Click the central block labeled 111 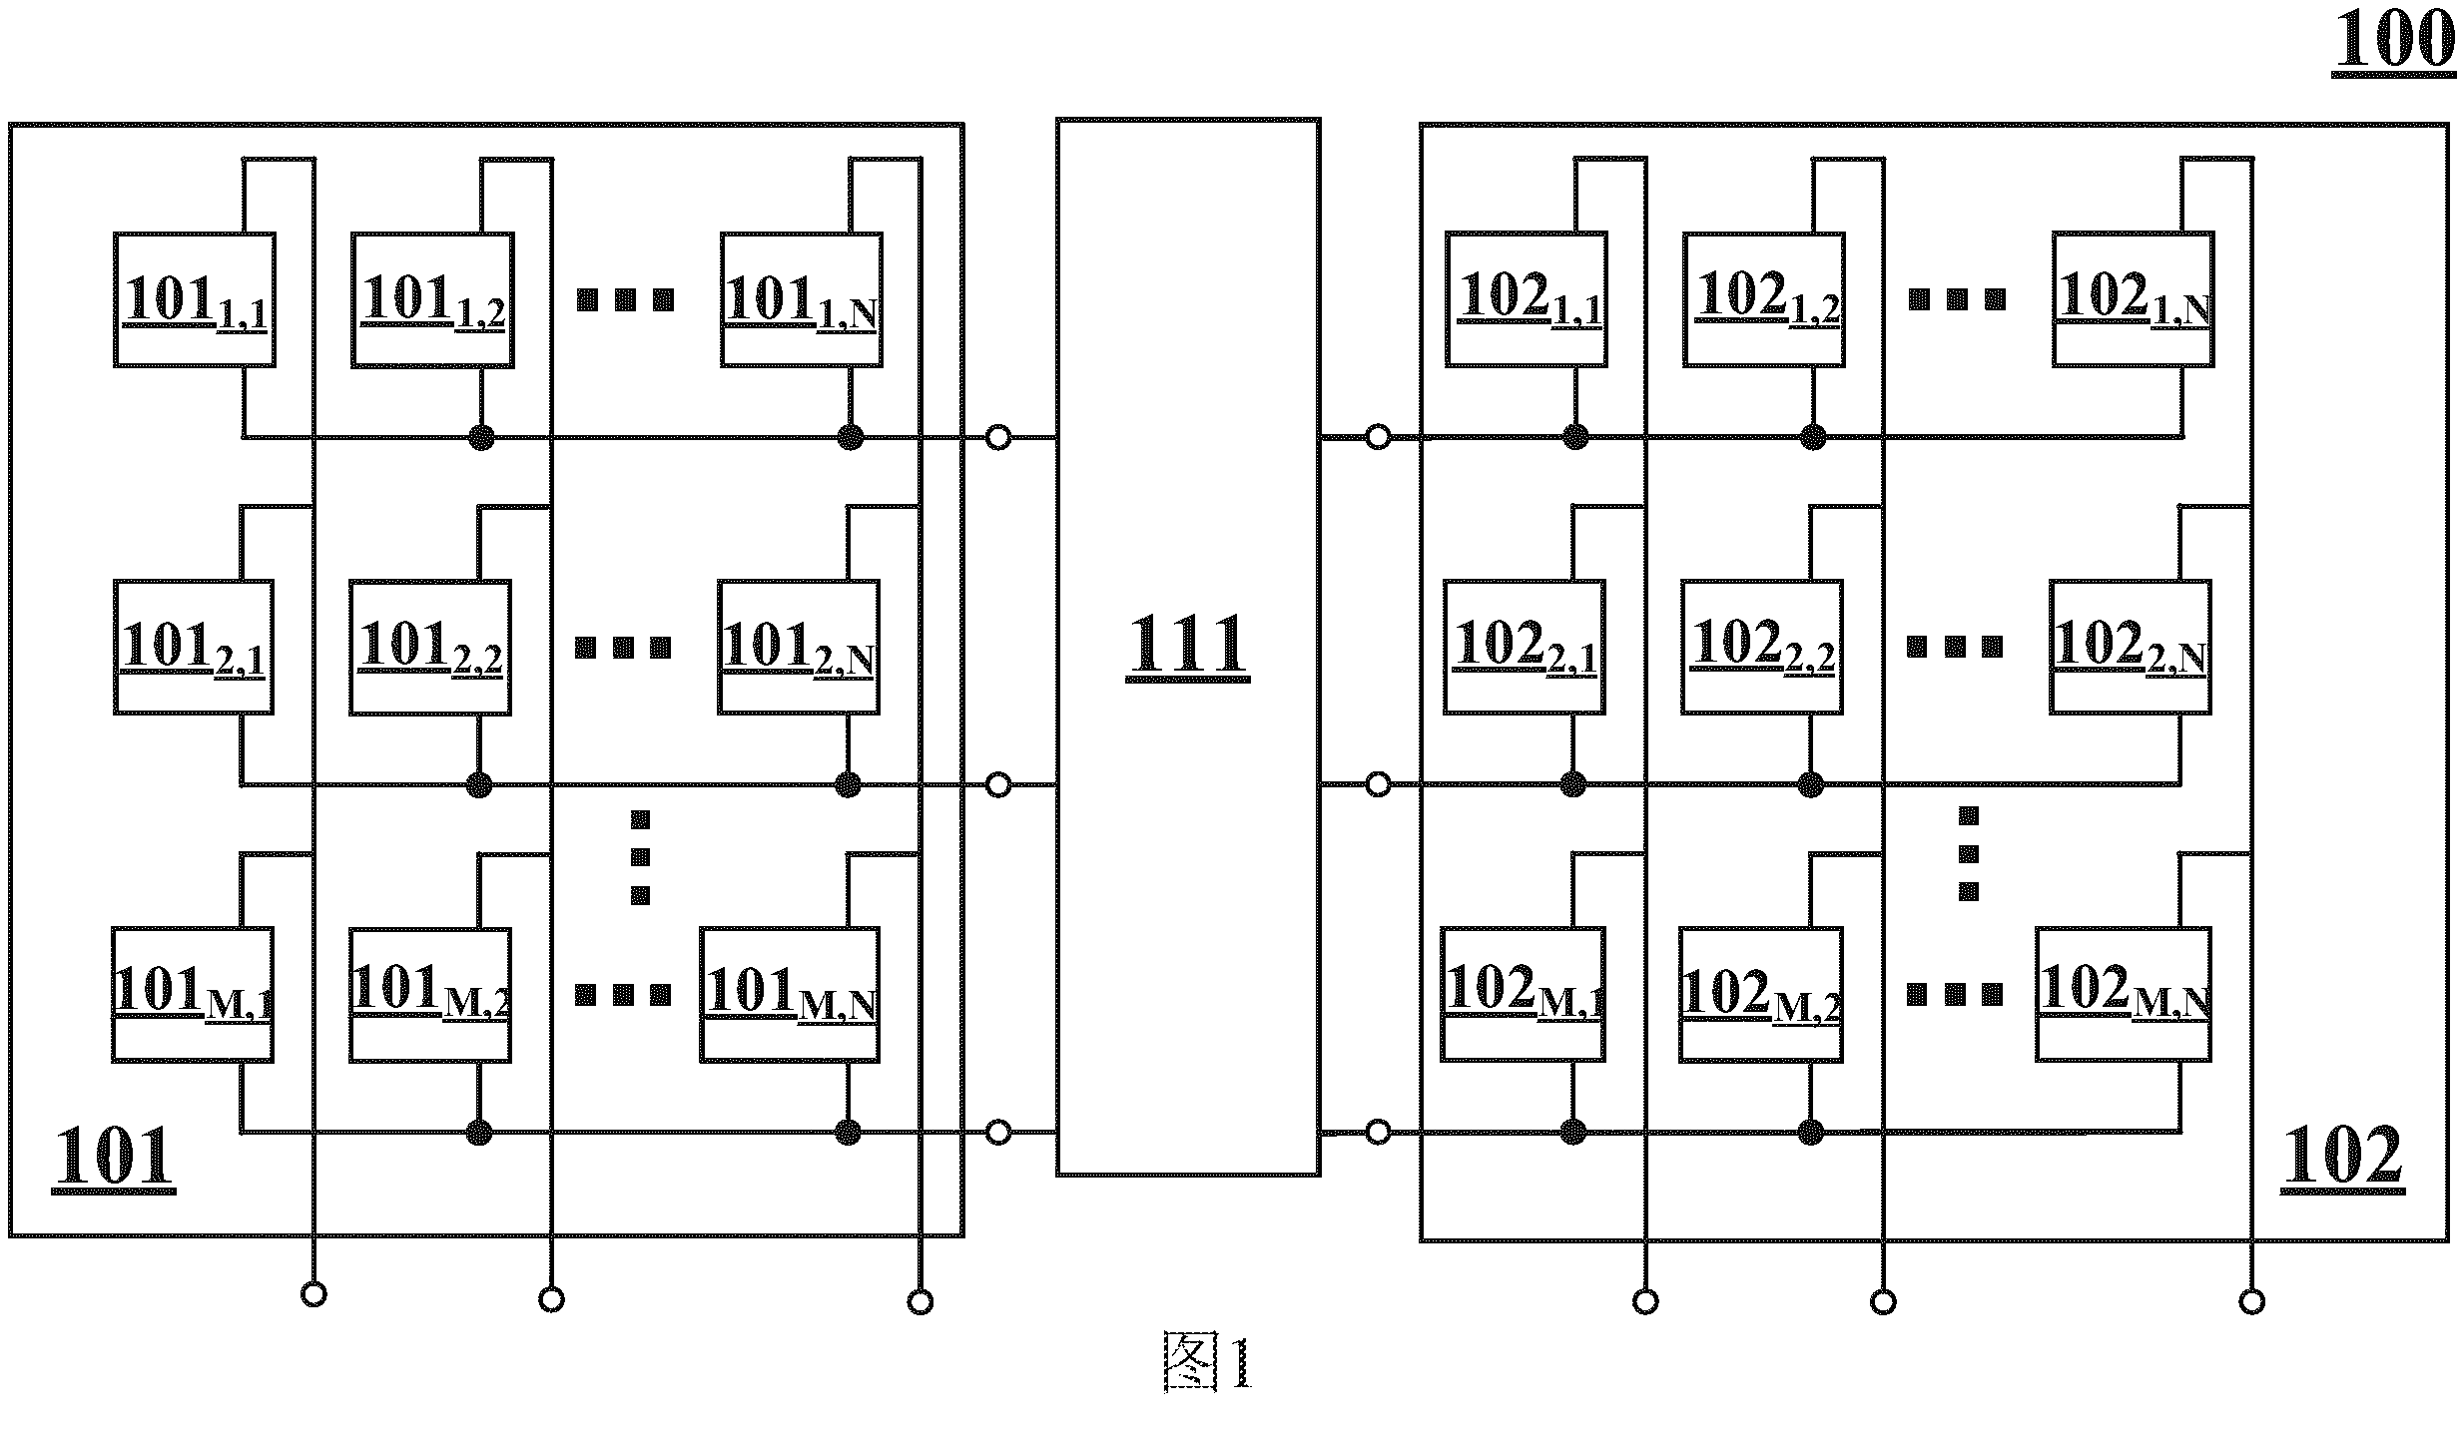(x=1188, y=647)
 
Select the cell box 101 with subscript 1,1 (x=195, y=300)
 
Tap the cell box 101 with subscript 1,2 (x=432, y=300)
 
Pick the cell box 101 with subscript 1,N (x=802, y=300)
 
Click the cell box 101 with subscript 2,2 (x=430, y=648)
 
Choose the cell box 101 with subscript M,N (x=790, y=995)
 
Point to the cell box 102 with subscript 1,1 (x=1527, y=299)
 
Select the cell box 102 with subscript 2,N (x=2131, y=647)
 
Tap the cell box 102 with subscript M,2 (x=1761, y=994)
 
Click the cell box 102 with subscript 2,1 (x=1525, y=647)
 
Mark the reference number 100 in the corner (x=2394, y=42)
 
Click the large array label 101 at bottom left (x=113, y=1158)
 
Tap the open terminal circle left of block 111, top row (x=998, y=437)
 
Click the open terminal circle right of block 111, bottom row (x=1378, y=1132)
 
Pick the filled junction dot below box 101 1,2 (x=482, y=437)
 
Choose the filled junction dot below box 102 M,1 (x=1573, y=1132)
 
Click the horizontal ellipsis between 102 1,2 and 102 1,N (x=1957, y=298)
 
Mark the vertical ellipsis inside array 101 (x=641, y=857)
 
